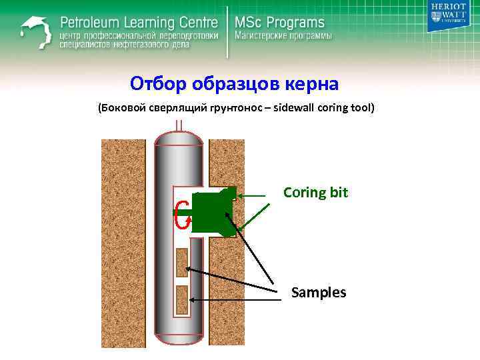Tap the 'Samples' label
tap(319, 291)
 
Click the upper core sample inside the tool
tap(181, 262)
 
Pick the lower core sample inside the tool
tap(181, 299)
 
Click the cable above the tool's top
tap(179, 125)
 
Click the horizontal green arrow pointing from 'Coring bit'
tap(257, 195)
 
